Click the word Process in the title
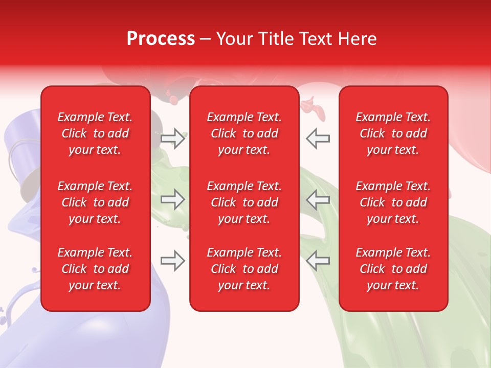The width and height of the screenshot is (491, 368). click(x=161, y=38)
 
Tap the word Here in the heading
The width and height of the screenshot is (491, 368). click(x=357, y=38)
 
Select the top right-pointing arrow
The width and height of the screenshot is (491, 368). click(x=173, y=139)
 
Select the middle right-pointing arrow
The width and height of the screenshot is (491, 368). click(x=173, y=200)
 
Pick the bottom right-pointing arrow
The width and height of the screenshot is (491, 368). click(x=173, y=261)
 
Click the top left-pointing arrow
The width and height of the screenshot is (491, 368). click(x=318, y=139)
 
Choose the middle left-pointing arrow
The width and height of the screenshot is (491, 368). click(x=318, y=200)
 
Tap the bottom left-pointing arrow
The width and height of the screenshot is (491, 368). click(x=318, y=261)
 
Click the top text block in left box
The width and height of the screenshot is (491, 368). click(x=95, y=133)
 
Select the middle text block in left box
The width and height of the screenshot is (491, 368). click(x=95, y=202)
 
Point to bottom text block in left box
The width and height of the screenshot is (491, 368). click(x=95, y=269)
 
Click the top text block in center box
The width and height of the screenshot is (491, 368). click(x=244, y=133)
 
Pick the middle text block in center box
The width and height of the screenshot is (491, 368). click(x=244, y=202)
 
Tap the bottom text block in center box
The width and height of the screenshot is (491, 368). click(x=244, y=269)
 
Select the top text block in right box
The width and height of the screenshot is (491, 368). click(x=393, y=133)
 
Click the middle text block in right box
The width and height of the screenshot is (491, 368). click(x=393, y=202)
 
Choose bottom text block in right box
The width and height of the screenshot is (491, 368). click(x=393, y=269)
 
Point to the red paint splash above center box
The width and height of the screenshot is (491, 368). click(x=311, y=106)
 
